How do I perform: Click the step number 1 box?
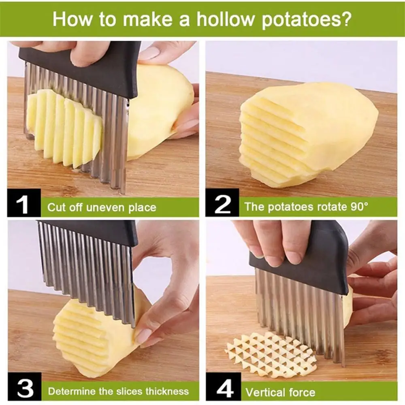(x=24, y=203)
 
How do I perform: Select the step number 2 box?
(x=222, y=203)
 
